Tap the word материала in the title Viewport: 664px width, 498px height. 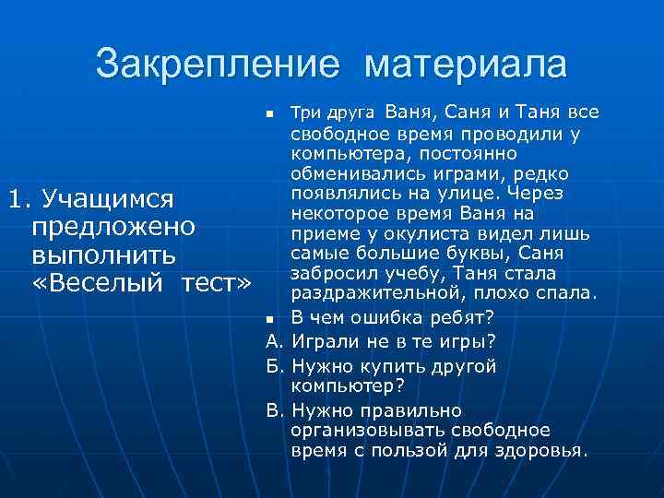pos(466,65)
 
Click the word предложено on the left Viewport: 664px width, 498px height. pos(112,227)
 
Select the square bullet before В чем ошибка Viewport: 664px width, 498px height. pos(269,318)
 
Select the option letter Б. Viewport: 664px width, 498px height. pos(273,366)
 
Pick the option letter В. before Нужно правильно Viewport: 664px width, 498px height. pos(273,410)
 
